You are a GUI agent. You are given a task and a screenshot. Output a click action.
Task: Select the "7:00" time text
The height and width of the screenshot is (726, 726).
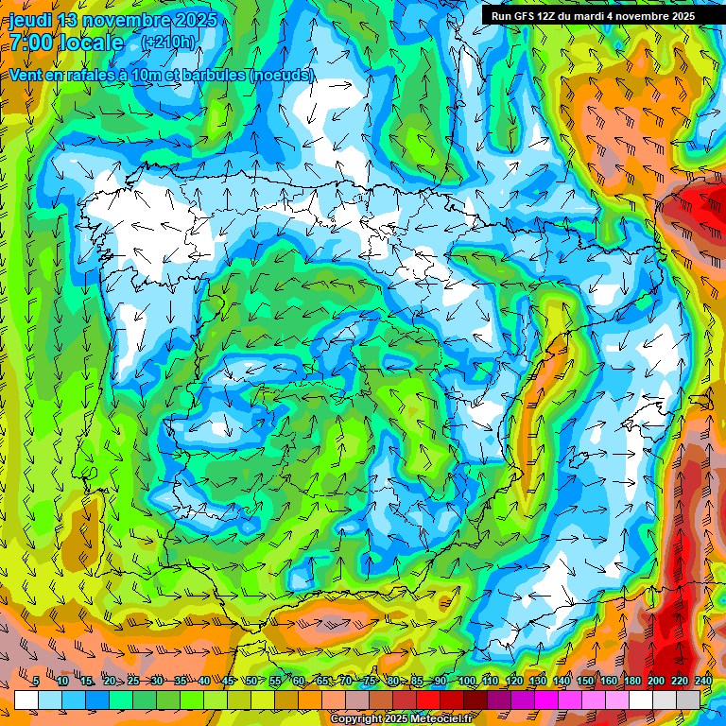click(29, 43)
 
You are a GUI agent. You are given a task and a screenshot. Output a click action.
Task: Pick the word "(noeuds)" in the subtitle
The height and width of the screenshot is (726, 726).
click(281, 75)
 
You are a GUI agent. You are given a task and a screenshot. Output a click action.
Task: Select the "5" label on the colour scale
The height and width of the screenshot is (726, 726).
click(35, 681)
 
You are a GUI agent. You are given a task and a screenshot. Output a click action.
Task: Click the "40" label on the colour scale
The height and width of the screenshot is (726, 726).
click(205, 681)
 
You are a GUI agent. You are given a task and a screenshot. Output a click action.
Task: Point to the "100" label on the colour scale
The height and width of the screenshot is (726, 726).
click(467, 681)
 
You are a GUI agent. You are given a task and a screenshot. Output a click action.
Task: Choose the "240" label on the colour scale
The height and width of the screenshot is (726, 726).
click(703, 681)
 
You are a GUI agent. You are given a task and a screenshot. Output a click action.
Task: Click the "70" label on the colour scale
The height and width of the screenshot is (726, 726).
click(346, 681)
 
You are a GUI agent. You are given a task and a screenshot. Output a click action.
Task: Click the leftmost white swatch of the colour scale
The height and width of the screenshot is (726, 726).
click(26, 699)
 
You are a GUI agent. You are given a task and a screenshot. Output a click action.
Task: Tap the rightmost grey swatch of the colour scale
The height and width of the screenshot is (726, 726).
click(688, 699)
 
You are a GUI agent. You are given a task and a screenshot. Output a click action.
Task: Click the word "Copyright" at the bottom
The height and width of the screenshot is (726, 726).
click(357, 718)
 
